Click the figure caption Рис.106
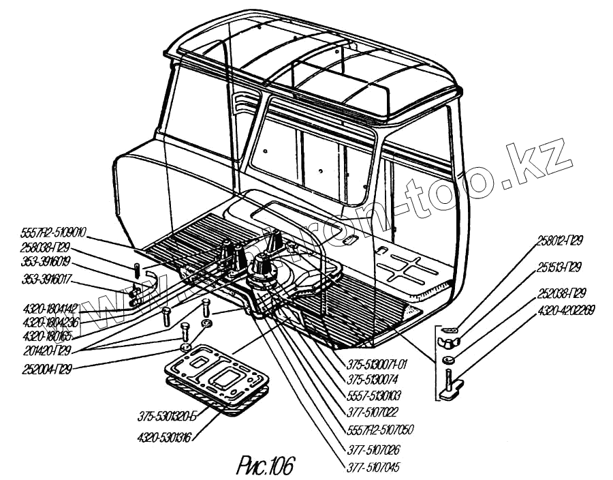tap(266, 466)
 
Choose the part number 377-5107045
tap(372, 467)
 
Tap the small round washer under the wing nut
tap(449, 359)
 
